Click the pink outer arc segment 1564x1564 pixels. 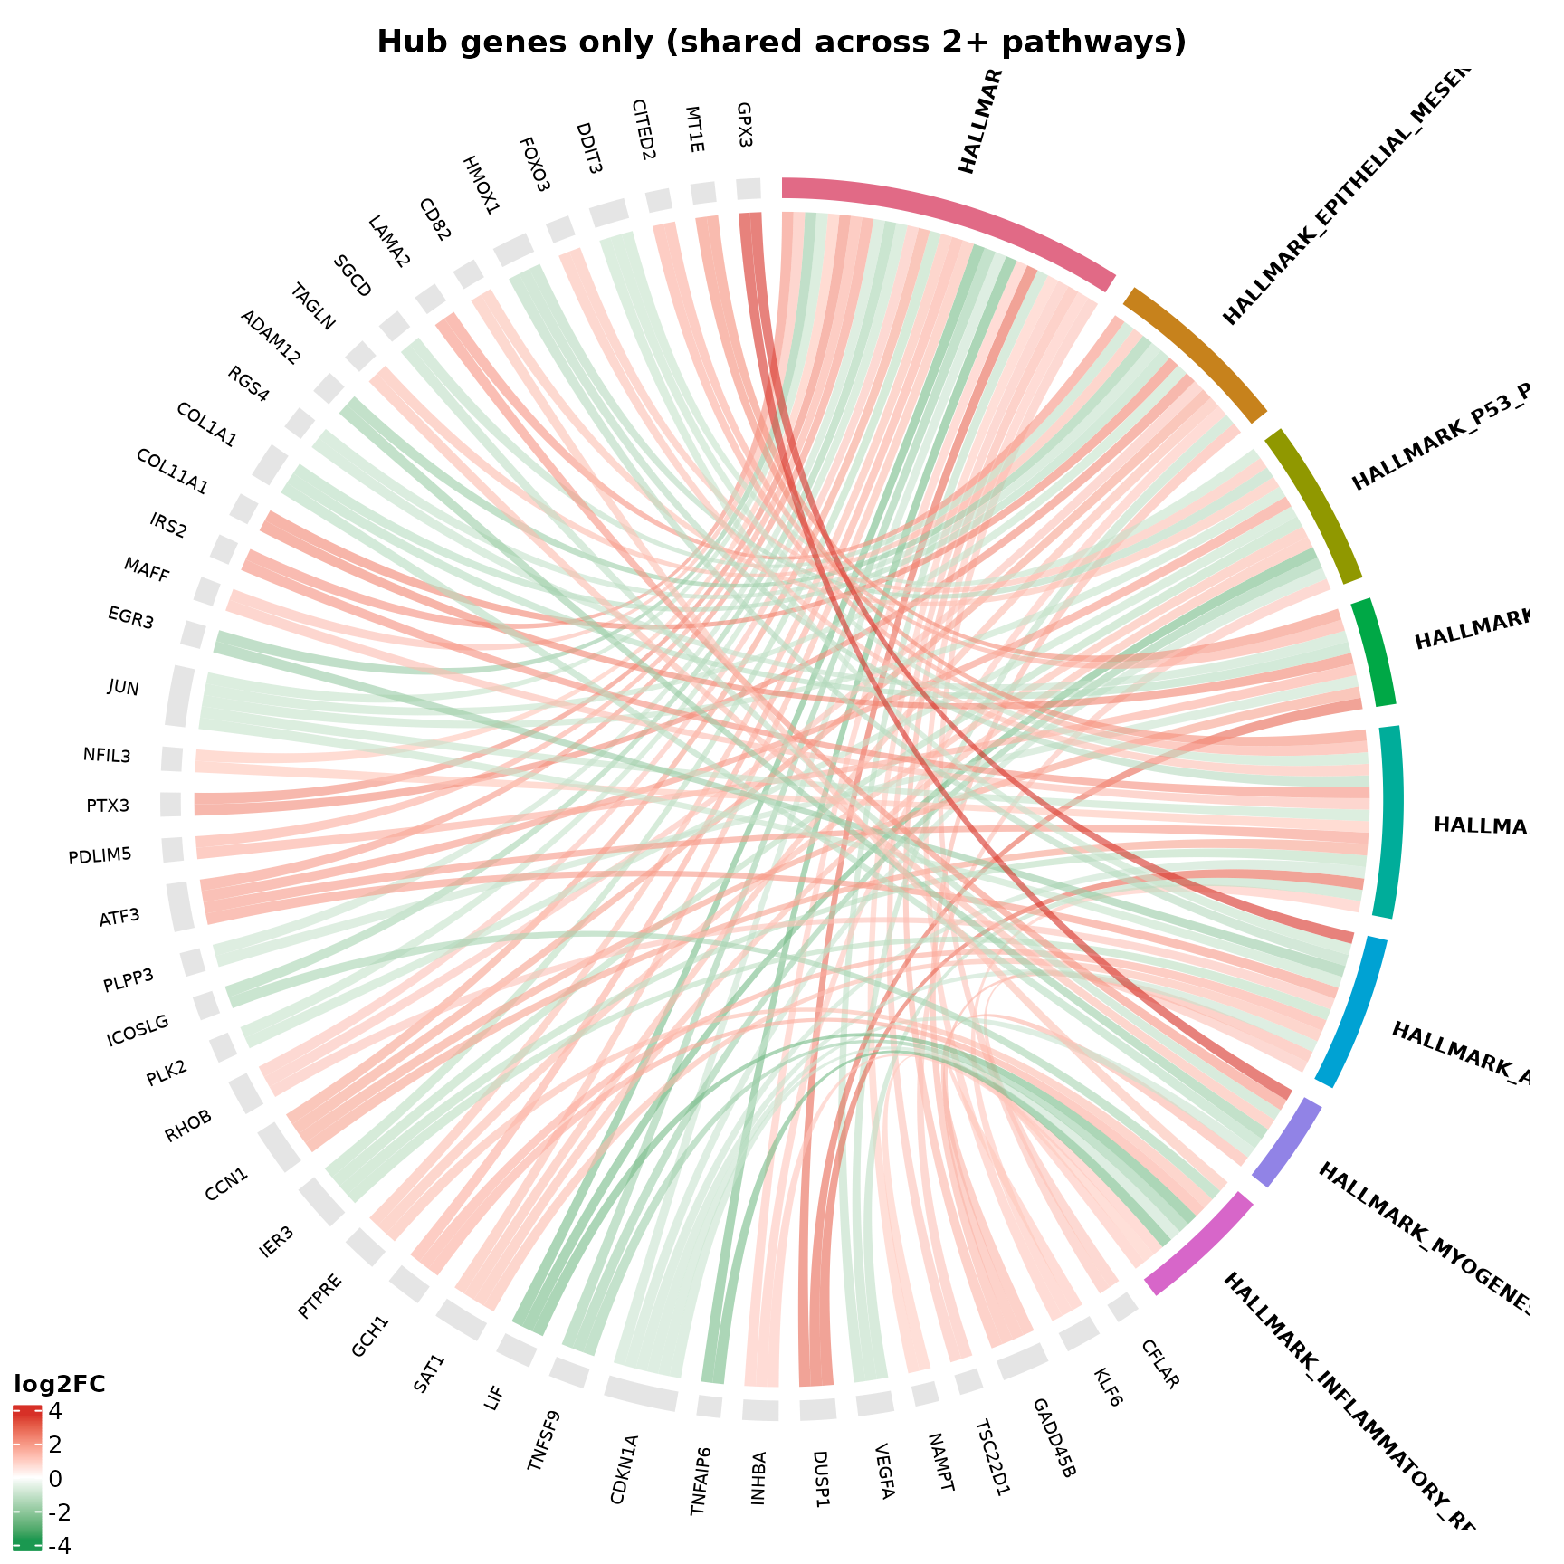pos(950,217)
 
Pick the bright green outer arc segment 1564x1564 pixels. pos(1375,651)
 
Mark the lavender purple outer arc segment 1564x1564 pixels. pos(1288,1143)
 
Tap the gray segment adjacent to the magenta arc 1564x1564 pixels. pos(1123,1306)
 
